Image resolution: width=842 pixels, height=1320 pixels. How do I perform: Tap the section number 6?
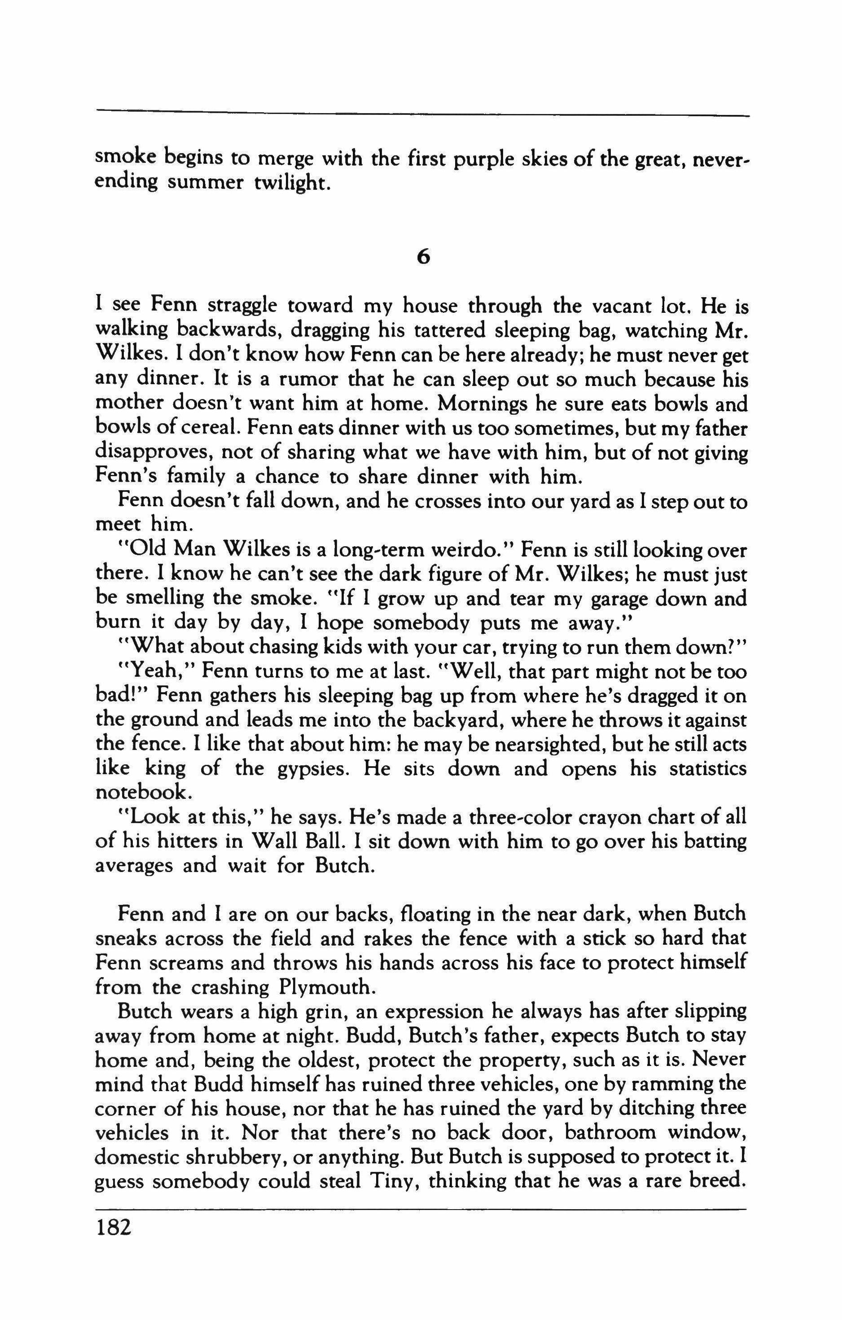click(x=422, y=256)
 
